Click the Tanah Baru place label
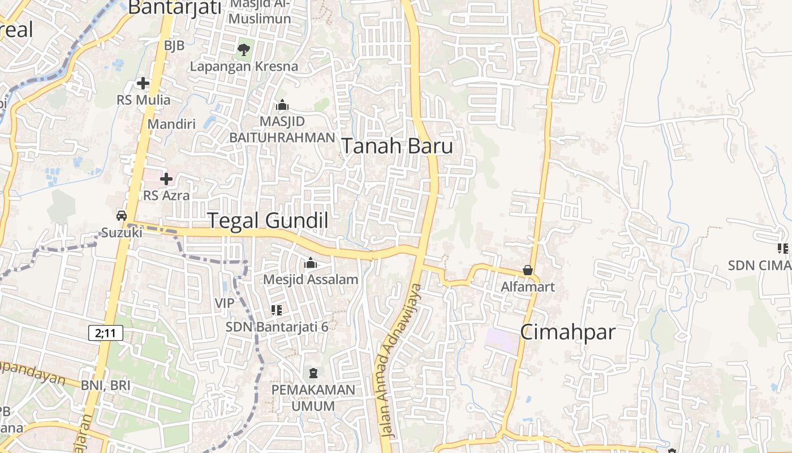397,146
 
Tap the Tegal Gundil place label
268,220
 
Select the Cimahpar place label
567,332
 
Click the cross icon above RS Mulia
143,84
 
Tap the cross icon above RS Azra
166,180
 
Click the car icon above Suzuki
122,215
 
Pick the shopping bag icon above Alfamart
528,270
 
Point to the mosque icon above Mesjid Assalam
311,263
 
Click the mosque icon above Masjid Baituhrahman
282,105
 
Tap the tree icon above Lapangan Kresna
244,50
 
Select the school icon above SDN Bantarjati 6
277,310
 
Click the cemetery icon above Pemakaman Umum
313,373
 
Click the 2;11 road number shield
106,333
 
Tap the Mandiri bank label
171,124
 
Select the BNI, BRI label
106,386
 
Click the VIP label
225,303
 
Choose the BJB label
174,46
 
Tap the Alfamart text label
528,287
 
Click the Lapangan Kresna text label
244,66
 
